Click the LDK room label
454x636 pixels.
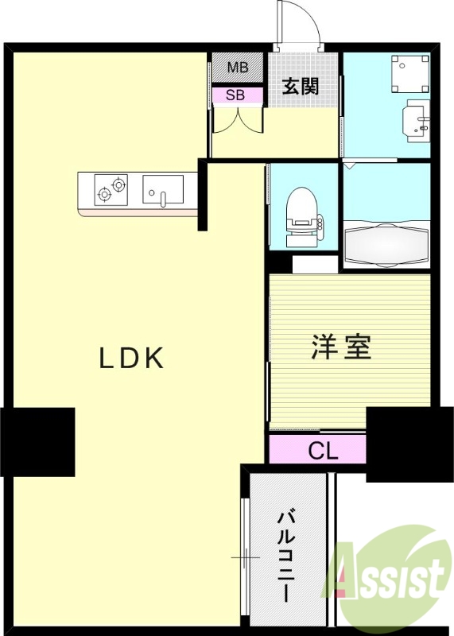click(131, 359)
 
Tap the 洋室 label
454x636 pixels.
click(341, 347)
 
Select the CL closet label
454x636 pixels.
click(323, 452)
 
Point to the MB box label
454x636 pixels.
click(238, 68)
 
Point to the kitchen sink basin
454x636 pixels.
click(162, 191)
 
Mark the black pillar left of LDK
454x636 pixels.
click(37, 442)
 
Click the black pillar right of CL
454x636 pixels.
click(401, 444)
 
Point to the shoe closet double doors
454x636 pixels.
click(237, 120)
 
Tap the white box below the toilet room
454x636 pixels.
click(314, 264)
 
